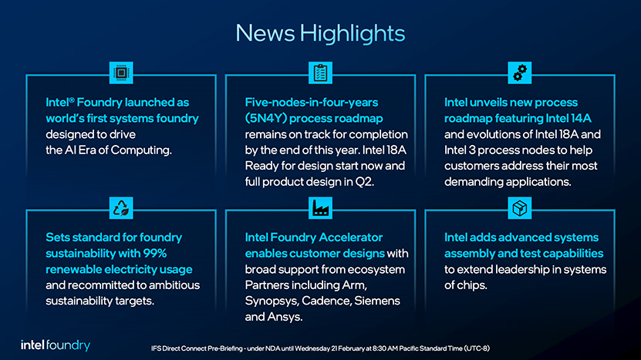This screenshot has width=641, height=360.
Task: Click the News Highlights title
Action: (320, 33)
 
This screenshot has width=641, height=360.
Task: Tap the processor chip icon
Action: (121, 72)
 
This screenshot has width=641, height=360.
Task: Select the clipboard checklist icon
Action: (321, 72)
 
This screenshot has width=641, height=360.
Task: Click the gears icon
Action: (520, 72)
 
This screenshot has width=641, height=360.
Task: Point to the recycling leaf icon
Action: (121, 208)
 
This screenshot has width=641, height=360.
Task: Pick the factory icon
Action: (321, 208)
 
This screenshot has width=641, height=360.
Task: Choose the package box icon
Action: (520, 208)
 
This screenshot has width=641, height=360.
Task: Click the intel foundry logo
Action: (56, 345)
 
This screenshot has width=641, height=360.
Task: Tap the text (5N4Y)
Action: (265, 119)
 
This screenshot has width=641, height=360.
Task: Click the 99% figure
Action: (155, 254)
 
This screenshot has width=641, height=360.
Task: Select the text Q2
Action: (364, 182)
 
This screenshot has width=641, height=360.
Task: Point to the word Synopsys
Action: (272, 301)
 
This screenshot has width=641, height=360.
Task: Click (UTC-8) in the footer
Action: (477, 348)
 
